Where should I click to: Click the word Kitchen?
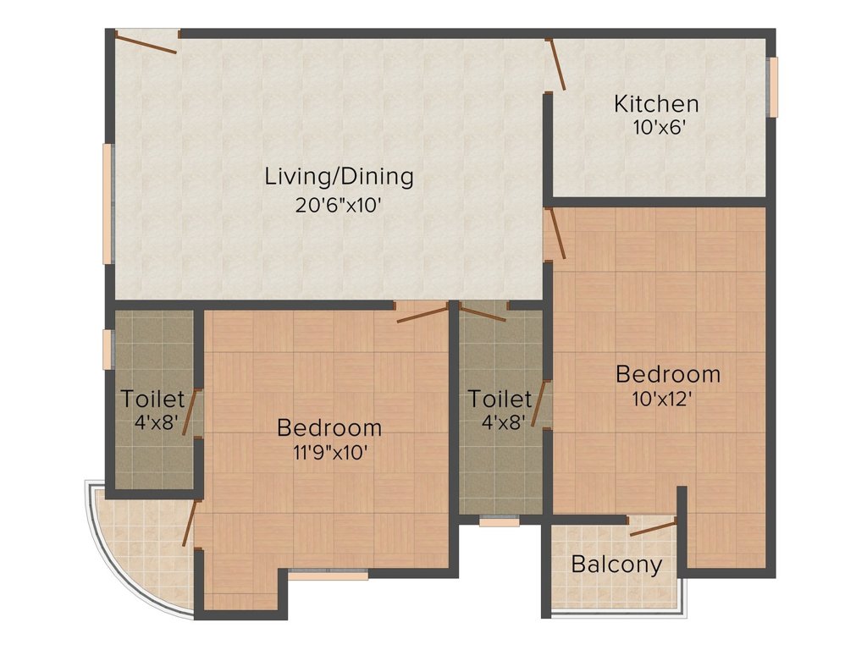[656, 104]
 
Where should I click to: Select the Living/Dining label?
[339, 177]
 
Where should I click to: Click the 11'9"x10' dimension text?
[329, 453]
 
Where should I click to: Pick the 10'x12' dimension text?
[668, 399]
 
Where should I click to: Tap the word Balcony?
[616, 565]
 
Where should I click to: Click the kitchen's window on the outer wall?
[771, 86]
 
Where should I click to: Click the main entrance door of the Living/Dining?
[146, 41]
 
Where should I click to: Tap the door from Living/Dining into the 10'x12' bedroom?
[555, 233]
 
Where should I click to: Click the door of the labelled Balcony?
[653, 529]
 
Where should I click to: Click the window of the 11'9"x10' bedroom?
[328, 576]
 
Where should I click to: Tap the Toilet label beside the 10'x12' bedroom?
[500, 399]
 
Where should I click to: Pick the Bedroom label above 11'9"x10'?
[329, 427]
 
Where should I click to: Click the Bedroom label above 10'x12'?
[668, 373]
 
